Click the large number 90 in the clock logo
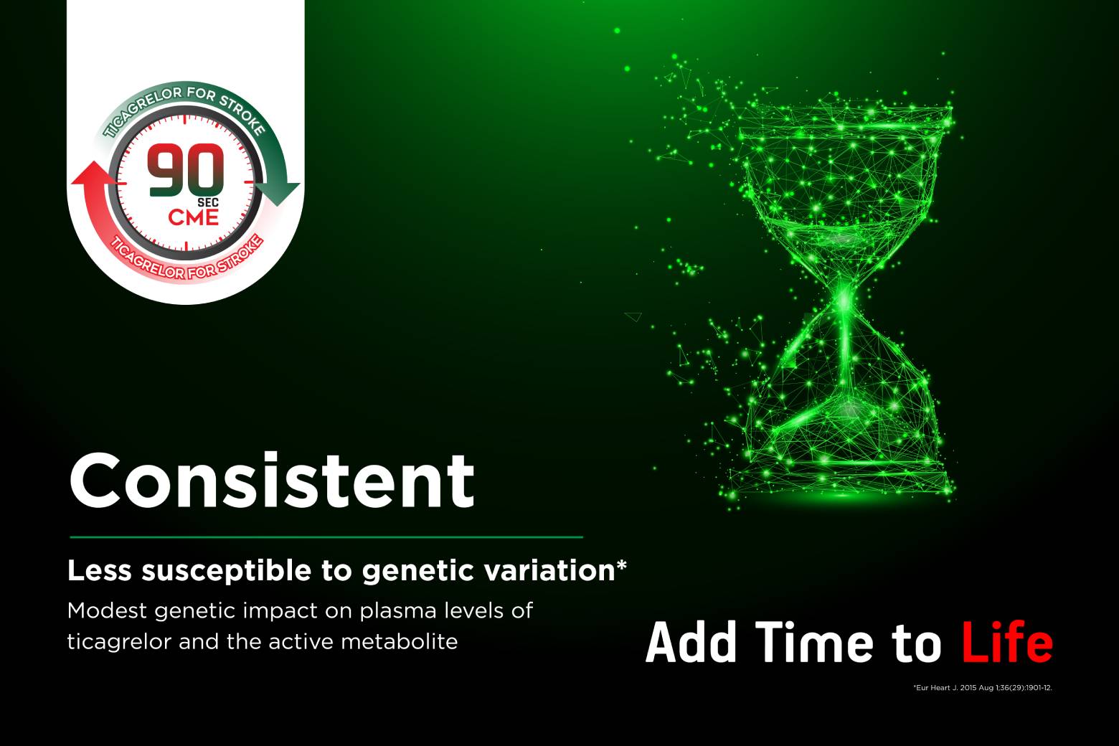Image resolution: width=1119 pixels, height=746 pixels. (x=185, y=170)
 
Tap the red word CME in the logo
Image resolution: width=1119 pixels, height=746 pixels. (x=194, y=218)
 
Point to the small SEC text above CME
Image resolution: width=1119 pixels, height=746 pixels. (x=208, y=203)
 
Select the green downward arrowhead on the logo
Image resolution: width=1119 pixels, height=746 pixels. (x=278, y=194)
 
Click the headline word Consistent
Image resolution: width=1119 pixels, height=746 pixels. (x=272, y=480)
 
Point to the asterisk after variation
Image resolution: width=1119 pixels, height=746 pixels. (x=621, y=565)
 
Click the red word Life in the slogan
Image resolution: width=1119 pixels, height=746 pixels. (x=1007, y=643)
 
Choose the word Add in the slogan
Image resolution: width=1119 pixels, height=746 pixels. (x=691, y=643)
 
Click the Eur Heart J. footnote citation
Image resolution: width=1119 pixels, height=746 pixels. (x=983, y=687)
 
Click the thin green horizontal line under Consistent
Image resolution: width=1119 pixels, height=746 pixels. (x=326, y=537)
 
